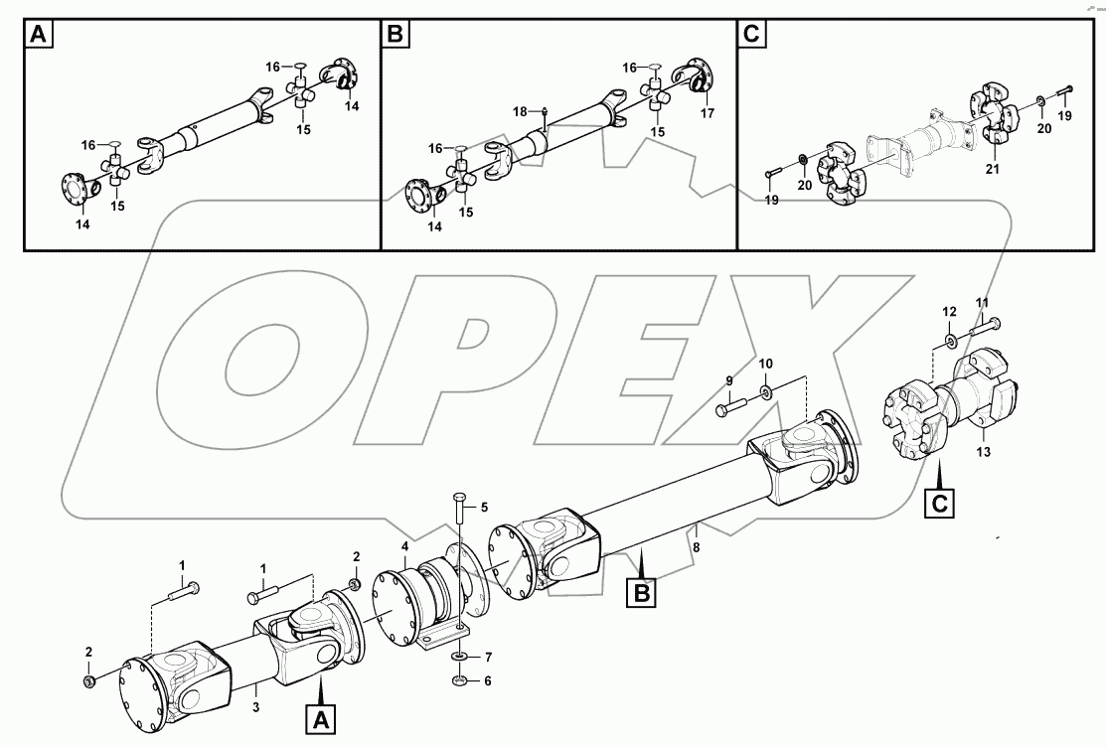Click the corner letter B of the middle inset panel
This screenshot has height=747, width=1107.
tap(396, 36)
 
